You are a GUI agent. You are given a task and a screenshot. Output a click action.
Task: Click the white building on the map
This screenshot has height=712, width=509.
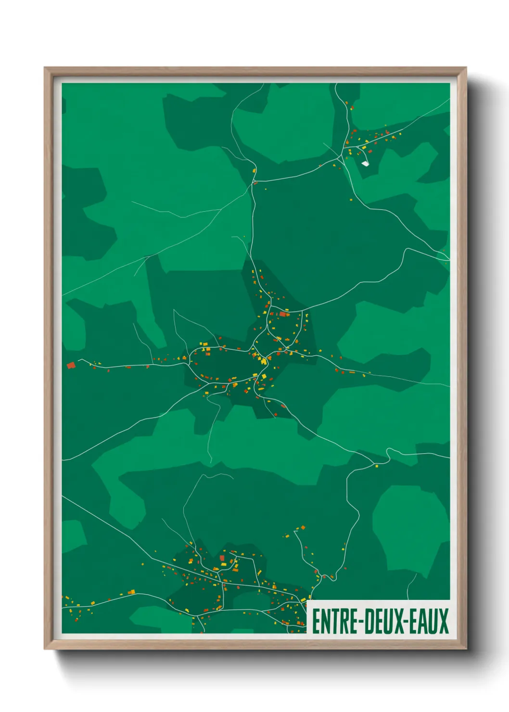(365, 163)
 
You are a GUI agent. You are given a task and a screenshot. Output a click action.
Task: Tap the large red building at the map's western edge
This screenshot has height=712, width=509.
(71, 365)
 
